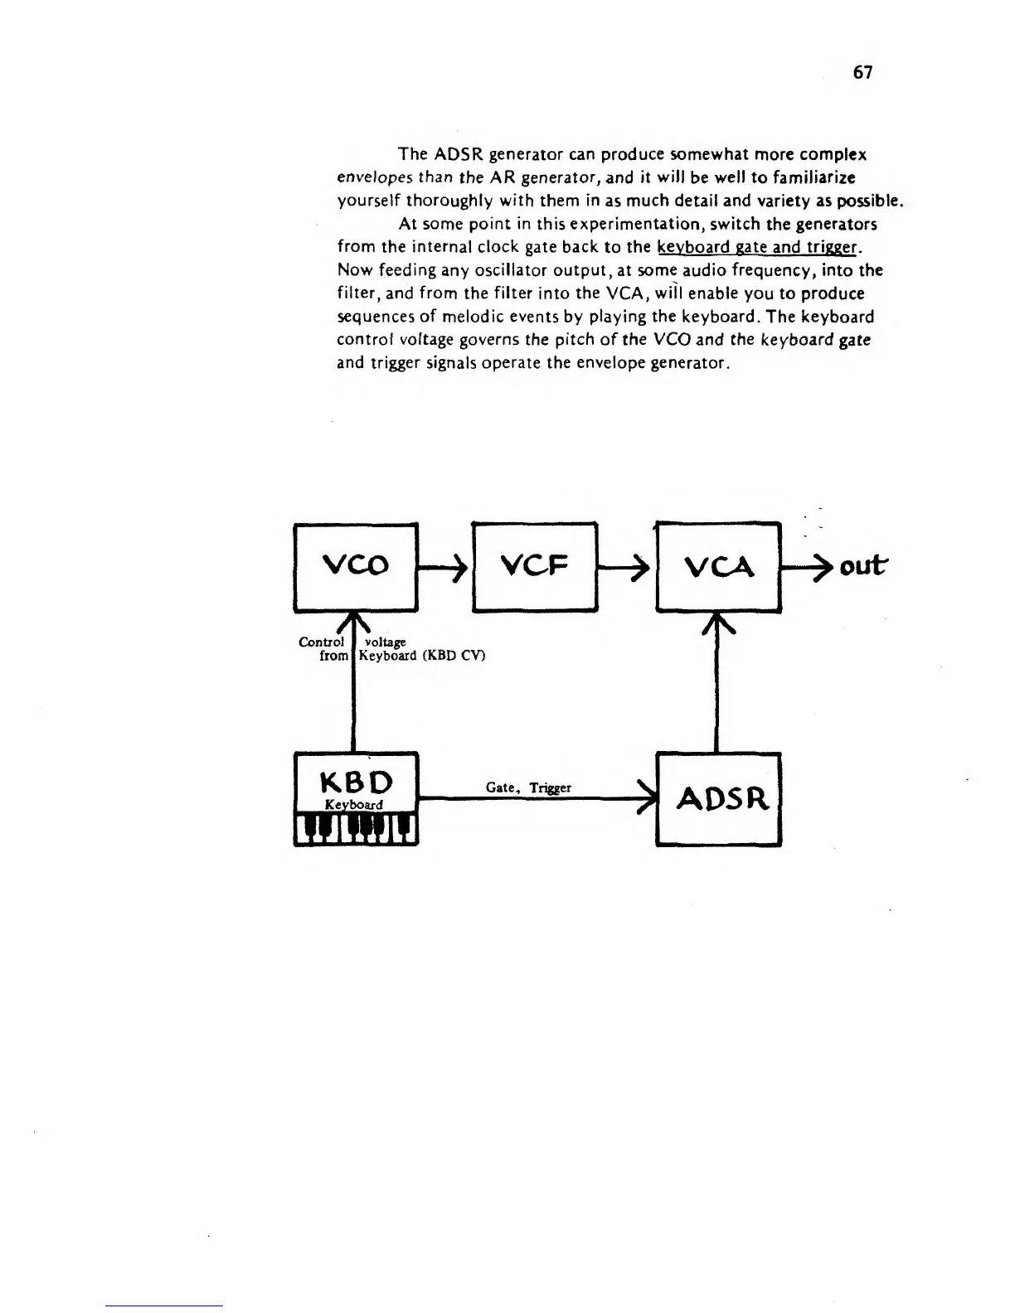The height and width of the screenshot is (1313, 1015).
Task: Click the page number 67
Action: point(862,73)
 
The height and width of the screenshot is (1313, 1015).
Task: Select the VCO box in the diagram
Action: point(355,567)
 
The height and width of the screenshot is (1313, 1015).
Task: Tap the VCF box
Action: point(534,567)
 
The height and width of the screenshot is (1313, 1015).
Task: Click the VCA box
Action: point(718,567)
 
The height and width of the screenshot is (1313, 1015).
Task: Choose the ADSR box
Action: point(718,799)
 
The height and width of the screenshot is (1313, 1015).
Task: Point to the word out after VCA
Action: point(862,567)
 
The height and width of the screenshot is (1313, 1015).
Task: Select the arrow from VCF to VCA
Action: point(626,567)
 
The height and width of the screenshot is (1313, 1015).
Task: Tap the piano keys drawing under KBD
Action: point(356,828)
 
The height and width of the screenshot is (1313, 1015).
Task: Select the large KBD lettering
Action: point(356,782)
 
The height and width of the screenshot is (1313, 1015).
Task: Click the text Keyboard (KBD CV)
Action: point(421,656)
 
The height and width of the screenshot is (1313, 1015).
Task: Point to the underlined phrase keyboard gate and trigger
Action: point(759,247)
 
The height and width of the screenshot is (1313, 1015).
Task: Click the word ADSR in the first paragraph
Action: point(456,154)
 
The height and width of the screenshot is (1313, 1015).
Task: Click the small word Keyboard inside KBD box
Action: point(353,805)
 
